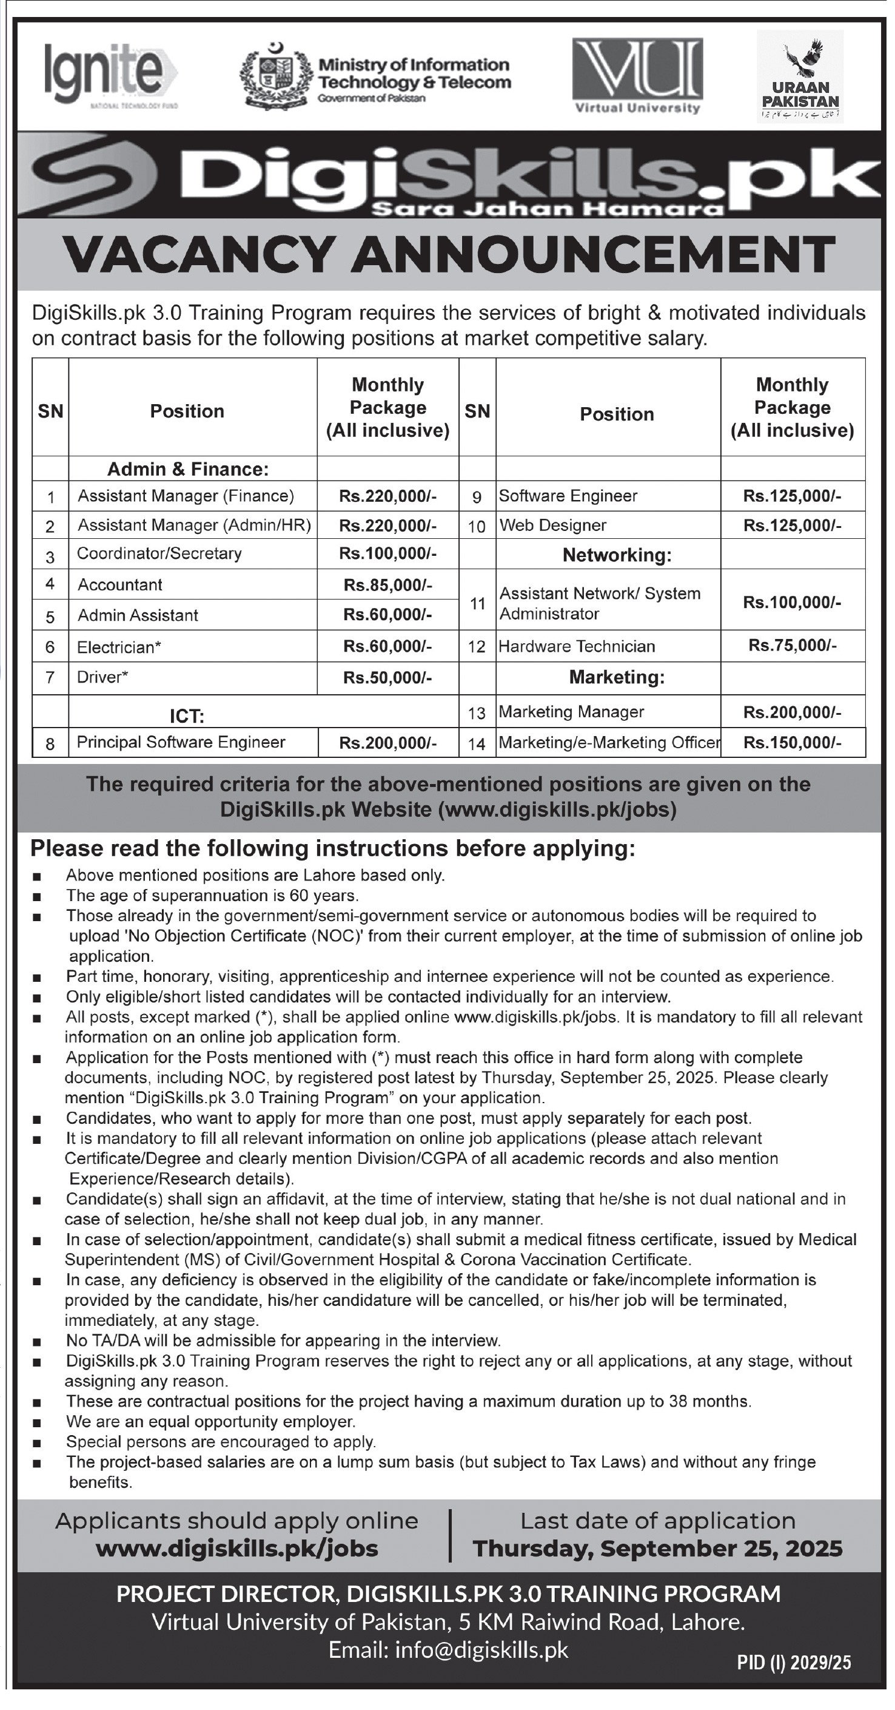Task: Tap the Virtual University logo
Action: pyautogui.click(x=637, y=75)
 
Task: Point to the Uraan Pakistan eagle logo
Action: pyautogui.click(x=800, y=75)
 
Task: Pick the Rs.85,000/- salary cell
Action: pyautogui.click(x=387, y=584)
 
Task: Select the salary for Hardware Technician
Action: pyautogui.click(x=792, y=645)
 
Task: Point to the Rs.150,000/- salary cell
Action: pyautogui.click(x=792, y=742)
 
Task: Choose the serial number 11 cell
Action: pyautogui.click(x=477, y=603)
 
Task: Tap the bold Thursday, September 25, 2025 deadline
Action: pyautogui.click(x=657, y=1549)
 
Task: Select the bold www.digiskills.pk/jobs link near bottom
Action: pyautogui.click(x=237, y=1549)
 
